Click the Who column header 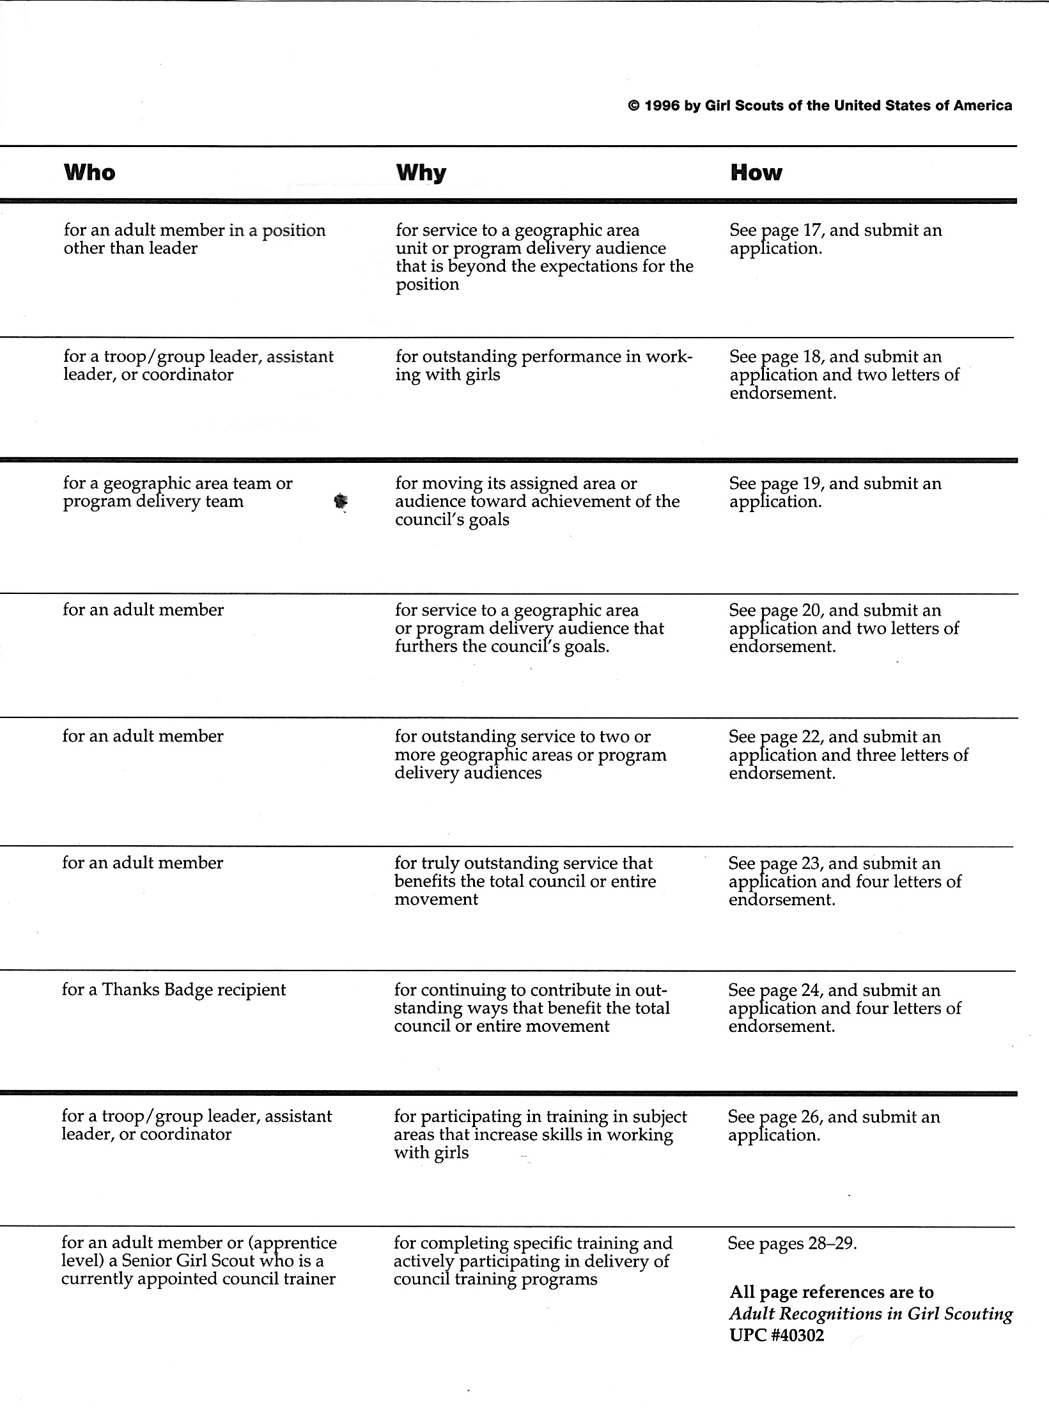pyautogui.click(x=89, y=173)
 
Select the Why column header pyautogui.click(x=421, y=173)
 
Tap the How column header pyautogui.click(x=756, y=173)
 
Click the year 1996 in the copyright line pyautogui.click(x=661, y=106)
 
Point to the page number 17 pyautogui.click(x=811, y=230)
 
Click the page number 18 pyautogui.click(x=811, y=357)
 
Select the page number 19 pyautogui.click(x=811, y=483)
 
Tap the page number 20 pyautogui.click(x=811, y=610)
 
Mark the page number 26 pyautogui.click(x=810, y=1116)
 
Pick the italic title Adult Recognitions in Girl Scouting pyautogui.click(x=871, y=1314)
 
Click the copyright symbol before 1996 pyautogui.click(x=634, y=106)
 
